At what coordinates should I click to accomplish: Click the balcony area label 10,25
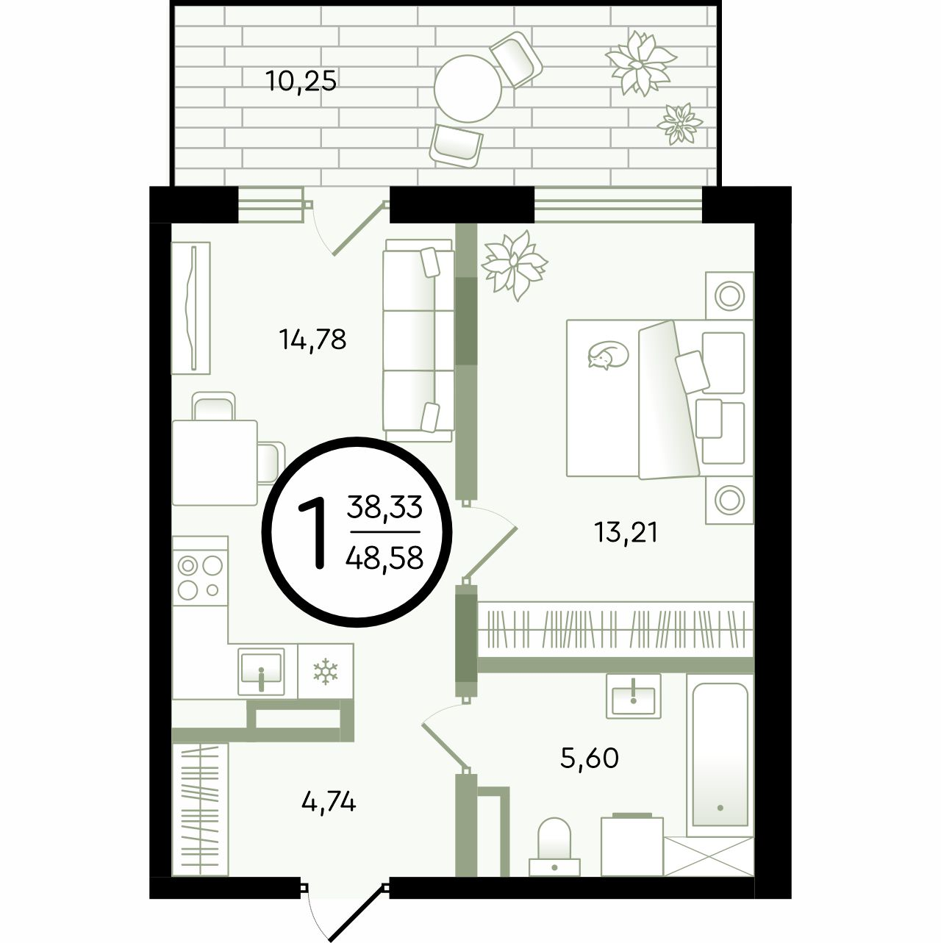(x=301, y=81)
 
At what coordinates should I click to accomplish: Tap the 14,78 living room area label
(x=312, y=339)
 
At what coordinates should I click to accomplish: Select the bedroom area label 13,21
(x=626, y=532)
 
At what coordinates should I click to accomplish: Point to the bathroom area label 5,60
(x=589, y=758)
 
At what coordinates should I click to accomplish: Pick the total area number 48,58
(x=384, y=557)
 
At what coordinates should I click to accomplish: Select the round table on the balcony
(x=468, y=89)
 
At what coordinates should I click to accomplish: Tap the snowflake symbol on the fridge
(x=326, y=671)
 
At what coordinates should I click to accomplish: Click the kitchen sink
(x=261, y=671)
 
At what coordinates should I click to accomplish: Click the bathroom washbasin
(x=633, y=696)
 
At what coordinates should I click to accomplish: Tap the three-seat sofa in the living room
(x=418, y=340)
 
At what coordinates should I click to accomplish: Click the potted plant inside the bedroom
(x=514, y=266)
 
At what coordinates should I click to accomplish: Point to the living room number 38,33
(x=384, y=506)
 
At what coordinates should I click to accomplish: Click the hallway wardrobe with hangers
(x=200, y=809)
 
